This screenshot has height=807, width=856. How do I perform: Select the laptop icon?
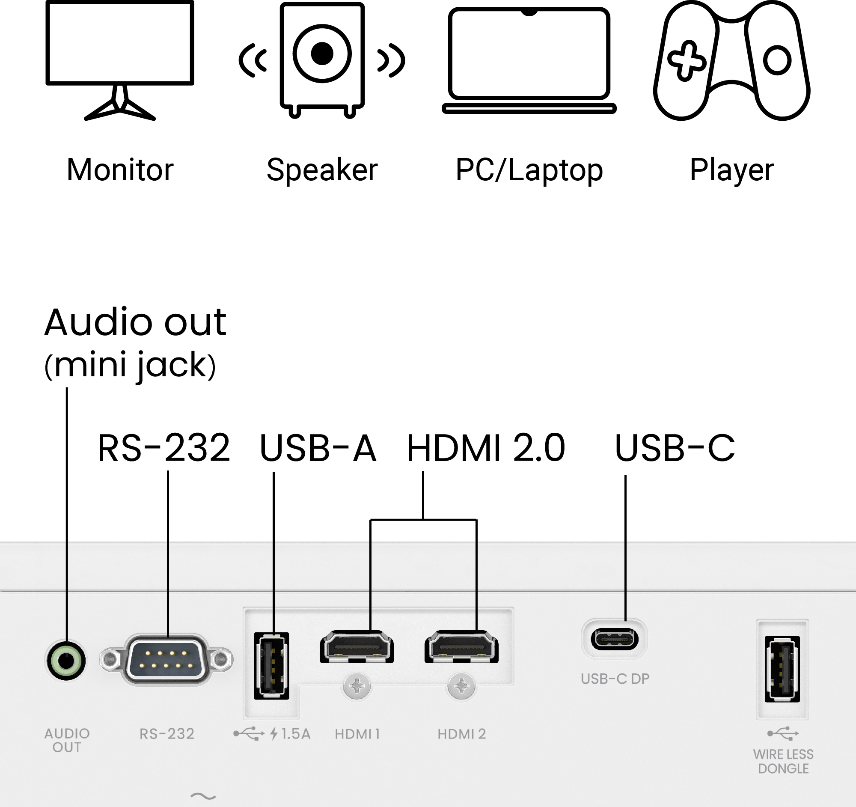click(529, 60)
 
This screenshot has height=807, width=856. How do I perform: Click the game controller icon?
click(731, 60)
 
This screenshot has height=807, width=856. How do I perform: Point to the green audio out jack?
click(66, 661)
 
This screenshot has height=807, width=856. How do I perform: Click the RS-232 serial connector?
click(166, 659)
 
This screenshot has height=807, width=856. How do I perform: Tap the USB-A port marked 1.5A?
click(271, 666)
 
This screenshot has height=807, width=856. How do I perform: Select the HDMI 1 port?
click(357, 646)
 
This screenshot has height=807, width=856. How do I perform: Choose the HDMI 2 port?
click(461, 646)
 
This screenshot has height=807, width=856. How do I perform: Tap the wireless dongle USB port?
click(782, 669)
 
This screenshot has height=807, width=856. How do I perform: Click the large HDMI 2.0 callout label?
click(486, 448)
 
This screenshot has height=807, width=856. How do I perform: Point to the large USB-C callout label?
click(675, 448)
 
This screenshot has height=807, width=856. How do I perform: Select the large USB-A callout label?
click(318, 448)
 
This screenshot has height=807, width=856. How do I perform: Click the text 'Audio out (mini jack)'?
click(135, 343)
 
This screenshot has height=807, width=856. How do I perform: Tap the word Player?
click(732, 170)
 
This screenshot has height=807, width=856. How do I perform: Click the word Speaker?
click(322, 170)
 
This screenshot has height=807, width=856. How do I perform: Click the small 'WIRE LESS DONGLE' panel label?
click(783, 761)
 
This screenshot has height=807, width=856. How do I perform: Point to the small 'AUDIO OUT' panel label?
click(67, 740)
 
